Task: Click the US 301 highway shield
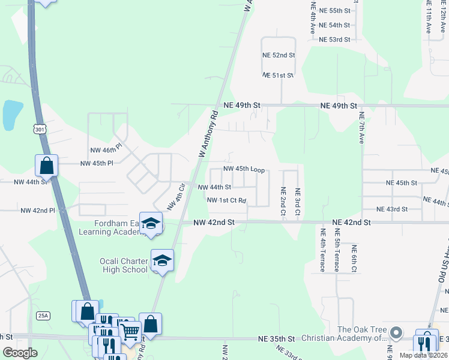click(x=40, y=129)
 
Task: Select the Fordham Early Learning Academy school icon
click(x=151, y=223)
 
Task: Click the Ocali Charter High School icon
click(x=161, y=260)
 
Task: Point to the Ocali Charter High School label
click(x=124, y=265)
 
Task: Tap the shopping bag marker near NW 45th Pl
click(x=46, y=165)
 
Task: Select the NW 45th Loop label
click(x=244, y=169)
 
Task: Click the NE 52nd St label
click(x=279, y=55)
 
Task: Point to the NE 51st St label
click(x=278, y=76)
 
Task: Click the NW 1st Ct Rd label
click(x=226, y=200)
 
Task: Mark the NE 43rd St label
click(x=392, y=209)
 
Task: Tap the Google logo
click(x=20, y=353)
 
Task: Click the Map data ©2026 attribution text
click(x=424, y=355)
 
